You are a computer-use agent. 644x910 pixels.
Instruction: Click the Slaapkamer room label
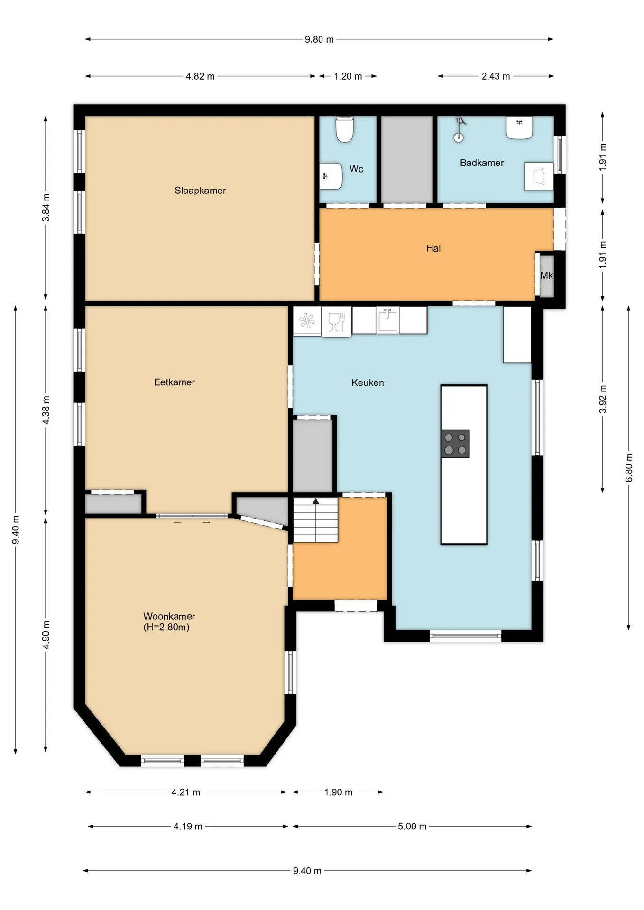click(x=200, y=191)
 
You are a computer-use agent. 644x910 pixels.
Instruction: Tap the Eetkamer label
click(x=175, y=382)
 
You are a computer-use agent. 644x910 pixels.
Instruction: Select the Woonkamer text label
click(x=169, y=616)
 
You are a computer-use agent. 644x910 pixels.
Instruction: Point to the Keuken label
click(x=368, y=382)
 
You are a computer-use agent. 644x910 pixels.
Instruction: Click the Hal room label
click(x=433, y=248)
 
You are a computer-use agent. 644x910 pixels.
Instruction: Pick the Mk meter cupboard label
click(x=546, y=275)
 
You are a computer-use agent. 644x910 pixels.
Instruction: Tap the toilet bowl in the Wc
click(x=345, y=129)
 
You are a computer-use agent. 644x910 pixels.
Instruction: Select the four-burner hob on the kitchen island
click(x=455, y=444)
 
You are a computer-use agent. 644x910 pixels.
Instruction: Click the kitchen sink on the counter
click(x=387, y=320)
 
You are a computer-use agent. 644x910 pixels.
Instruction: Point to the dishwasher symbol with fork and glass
click(x=336, y=322)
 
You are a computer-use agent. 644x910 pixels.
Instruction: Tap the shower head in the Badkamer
click(x=459, y=129)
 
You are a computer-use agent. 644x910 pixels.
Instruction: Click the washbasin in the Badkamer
click(x=519, y=127)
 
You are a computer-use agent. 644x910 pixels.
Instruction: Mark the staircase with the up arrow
click(x=315, y=520)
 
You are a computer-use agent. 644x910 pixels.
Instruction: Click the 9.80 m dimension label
click(x=319, y=39)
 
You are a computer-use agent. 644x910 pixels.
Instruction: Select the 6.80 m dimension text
click(x=629, y=468)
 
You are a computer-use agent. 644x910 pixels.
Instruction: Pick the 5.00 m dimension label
click(x=412, y=826)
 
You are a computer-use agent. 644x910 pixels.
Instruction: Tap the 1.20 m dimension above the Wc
click(x=348, y=76)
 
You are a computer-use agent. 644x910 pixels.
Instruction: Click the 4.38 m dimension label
click(x=46, y=410)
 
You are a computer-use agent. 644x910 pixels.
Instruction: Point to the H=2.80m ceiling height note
click(x=166, y=627)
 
